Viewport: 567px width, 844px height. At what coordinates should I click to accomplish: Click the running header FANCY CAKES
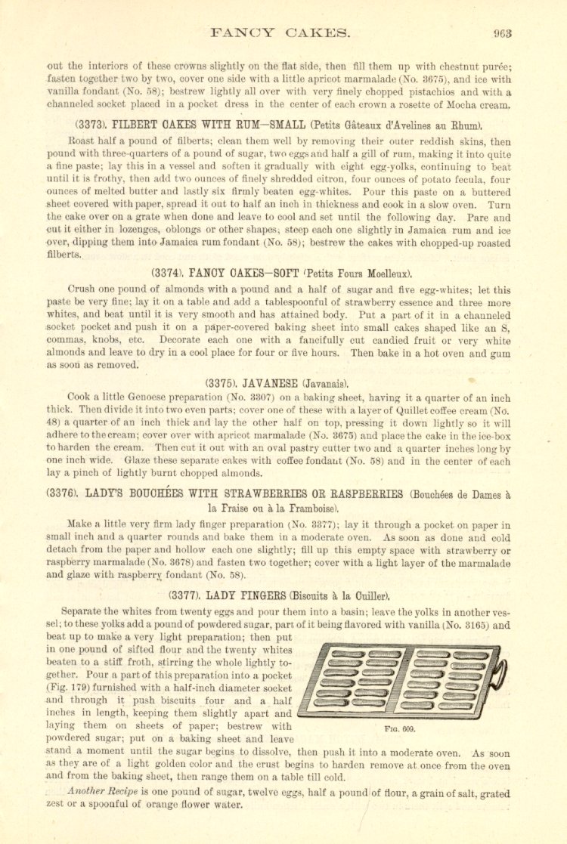tap(280, 32)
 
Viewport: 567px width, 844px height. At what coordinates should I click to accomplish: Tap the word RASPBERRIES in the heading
tap(356, 495)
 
